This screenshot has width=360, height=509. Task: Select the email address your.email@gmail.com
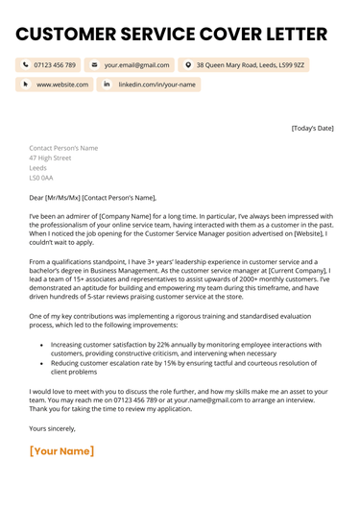point(137,65)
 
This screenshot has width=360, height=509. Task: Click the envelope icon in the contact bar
point(94,65)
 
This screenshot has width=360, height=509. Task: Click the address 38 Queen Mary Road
point(251,65)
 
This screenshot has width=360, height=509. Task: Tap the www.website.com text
point(62,85)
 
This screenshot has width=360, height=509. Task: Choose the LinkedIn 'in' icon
point(107,85)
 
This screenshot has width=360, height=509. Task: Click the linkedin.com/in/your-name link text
point(157,85)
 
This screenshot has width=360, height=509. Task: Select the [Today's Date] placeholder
point(312,128)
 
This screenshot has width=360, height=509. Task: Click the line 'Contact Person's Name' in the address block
point(63,149)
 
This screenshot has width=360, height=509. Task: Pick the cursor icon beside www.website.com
point(25,85)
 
